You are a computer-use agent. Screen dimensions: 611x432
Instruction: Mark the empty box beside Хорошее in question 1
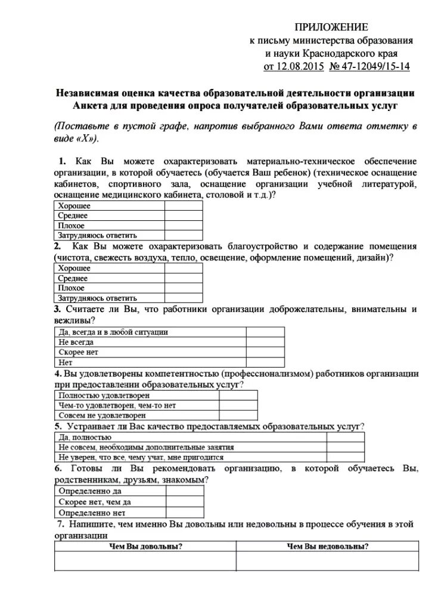point(183,206)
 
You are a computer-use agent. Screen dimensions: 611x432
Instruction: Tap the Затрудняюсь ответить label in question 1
point(98,235)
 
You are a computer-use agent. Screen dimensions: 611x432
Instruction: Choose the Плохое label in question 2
point(72,288)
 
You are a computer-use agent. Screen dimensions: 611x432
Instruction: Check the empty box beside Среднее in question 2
point(183,279)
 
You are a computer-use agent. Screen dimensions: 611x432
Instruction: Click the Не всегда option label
point(76,342)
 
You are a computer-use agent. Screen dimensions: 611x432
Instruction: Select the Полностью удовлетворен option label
point(104,395)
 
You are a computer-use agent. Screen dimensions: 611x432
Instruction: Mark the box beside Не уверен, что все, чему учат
point(345,456)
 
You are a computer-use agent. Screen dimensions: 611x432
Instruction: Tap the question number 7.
point(60,524)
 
